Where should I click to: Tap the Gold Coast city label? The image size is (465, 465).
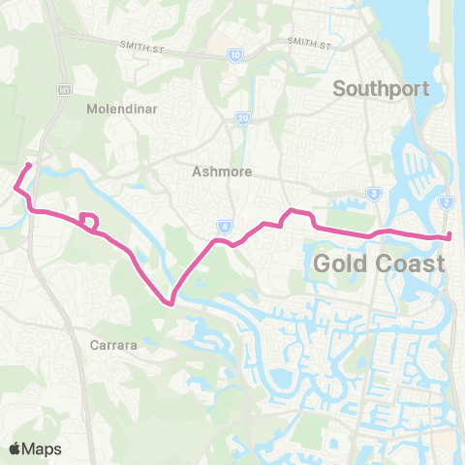point(379,263)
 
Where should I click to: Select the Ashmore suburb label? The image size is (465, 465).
point(222,171)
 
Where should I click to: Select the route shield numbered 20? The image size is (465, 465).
point(242,118)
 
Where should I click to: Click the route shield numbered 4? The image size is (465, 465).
point(224,228)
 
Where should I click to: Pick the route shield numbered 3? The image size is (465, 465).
point(373,195)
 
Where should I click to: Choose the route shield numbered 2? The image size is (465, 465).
point(447,201)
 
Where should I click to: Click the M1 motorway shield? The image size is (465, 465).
point(65,90)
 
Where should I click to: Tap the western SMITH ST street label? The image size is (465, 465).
point(145,46)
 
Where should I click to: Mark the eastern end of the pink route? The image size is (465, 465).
point(450,236)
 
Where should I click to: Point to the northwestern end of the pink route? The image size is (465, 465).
point(29,165)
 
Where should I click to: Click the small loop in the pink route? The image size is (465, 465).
point(89,222)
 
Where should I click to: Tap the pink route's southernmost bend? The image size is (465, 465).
point(171,303)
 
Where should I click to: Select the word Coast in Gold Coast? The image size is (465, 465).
point(411,263)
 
